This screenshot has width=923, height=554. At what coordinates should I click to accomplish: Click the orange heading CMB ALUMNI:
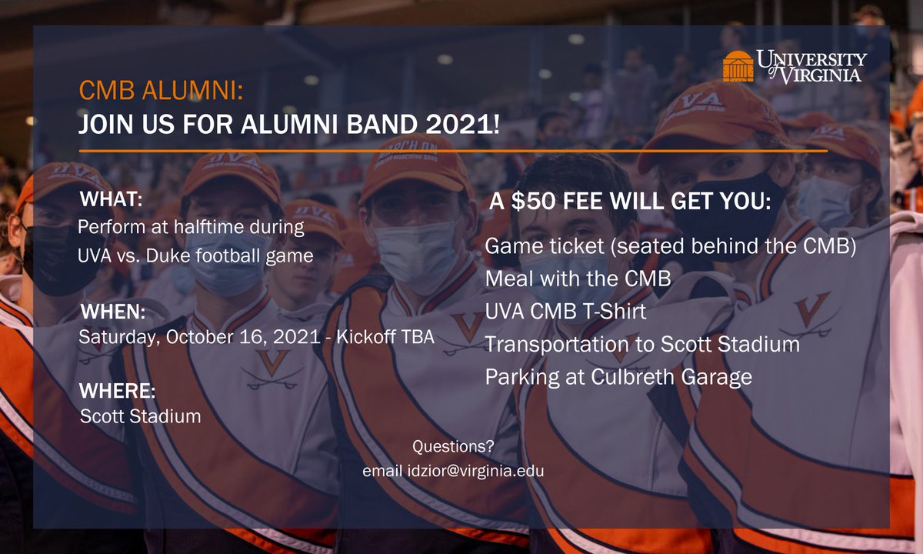tap(161, 91)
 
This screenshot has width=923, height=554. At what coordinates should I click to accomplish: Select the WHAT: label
tap(112, 201)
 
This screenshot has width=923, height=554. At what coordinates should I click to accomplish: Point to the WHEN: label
tap(113, 312)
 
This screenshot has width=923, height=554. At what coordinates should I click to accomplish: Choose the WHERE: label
tap(118, 391)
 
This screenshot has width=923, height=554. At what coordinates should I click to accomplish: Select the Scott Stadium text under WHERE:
tap(141, 416)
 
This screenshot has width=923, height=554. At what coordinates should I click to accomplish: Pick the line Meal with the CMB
tap(578, 279)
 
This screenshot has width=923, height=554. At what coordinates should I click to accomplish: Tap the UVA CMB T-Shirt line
tap(565, 312)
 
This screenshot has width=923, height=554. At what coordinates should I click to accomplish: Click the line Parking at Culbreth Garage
tap(618, 377)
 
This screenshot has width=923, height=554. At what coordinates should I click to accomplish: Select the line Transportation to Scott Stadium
tap(642, 344)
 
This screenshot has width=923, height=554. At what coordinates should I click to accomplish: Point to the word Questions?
tap(453, 446)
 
